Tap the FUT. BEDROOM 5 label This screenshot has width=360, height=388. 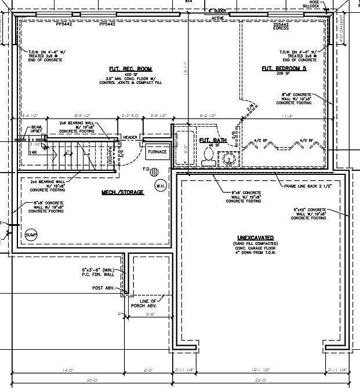[x=283, y=68]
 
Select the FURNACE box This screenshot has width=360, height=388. [x=157, y=152]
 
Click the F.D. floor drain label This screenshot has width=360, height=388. [x=147, y=170]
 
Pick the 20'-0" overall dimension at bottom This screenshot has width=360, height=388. [x=89, y=380]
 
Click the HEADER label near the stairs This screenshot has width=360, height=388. [x=130, y=137]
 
